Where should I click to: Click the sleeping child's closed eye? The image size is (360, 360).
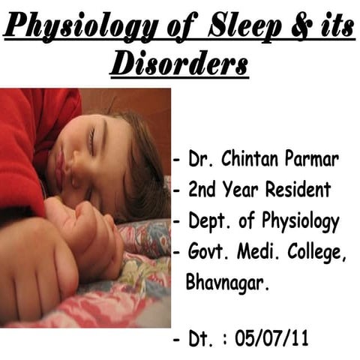tap(92, 139)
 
